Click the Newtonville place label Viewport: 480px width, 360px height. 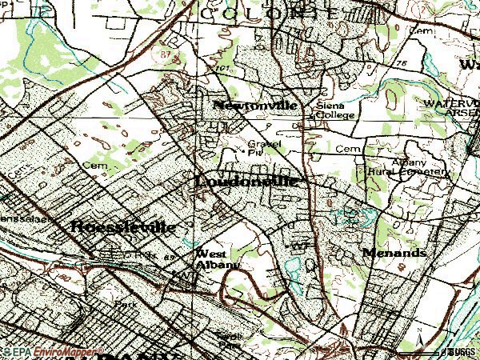(255, 106)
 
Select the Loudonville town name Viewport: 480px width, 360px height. (246, 182)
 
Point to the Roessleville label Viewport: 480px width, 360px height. (122, 226)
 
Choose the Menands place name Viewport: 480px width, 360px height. (394, 252)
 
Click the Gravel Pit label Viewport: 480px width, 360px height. (259, 149)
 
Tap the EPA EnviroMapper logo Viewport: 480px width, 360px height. (51, 352)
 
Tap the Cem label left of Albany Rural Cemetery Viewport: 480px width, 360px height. (345, 149)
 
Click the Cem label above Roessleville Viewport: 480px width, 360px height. (99, 166)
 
